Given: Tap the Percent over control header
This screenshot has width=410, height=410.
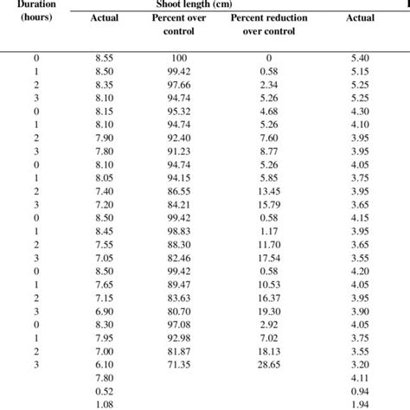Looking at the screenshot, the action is click(172, 24).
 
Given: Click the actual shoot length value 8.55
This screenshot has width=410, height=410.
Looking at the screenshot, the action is click(104, 56).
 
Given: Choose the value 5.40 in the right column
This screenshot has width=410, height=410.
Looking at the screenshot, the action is click(361, 56).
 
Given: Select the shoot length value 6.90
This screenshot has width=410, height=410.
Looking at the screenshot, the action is click(104, 311).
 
